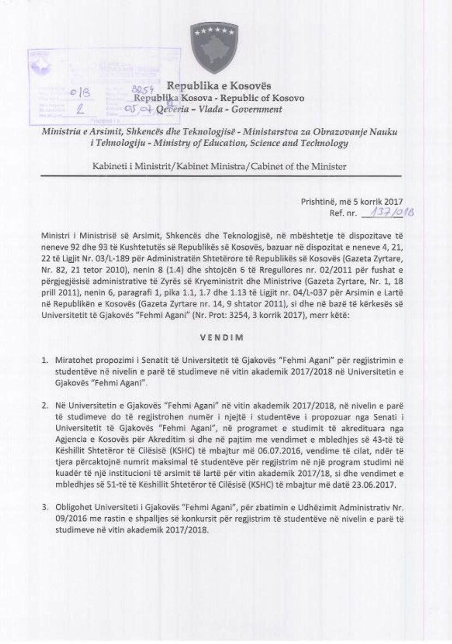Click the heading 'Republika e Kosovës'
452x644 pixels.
coord(219,86)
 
